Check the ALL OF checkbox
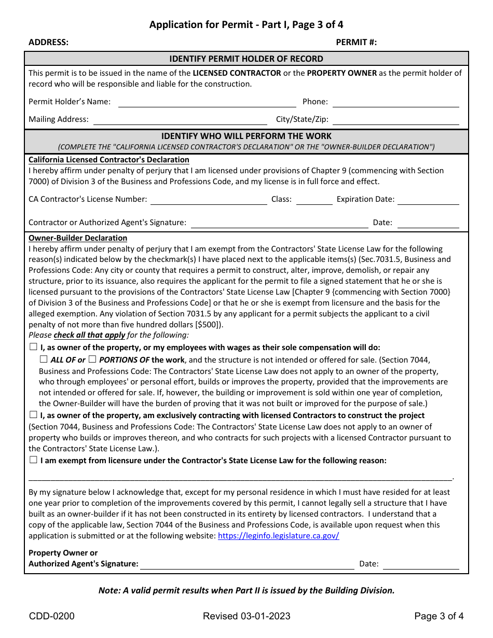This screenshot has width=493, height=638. pyautogui.click(x=44, y=359)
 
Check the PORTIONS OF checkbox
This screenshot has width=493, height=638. pyautogui.click(x=92, y=359)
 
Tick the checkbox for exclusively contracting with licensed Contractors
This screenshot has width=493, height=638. pyautogui.click(x=33, y=415)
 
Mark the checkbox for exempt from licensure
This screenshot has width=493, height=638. pyautogui.click(x=33, y=460)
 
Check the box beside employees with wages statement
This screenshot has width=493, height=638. pyautogui.click(x=33, y=347)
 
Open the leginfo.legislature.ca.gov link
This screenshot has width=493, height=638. pyautogui.click(x=278, y=536)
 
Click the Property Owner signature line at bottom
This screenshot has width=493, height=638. pyautogui.click(x=247, y=565)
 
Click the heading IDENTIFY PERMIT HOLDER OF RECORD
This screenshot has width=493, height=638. pyautogui.click(x=246, y=59)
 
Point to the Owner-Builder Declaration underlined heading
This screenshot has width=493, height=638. pyautogui.click(x=78, y=238)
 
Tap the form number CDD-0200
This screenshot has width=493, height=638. pyautogui.click(x=51, y=616)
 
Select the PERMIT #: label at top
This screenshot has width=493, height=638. pyautogui.click(x=356, y=43)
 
